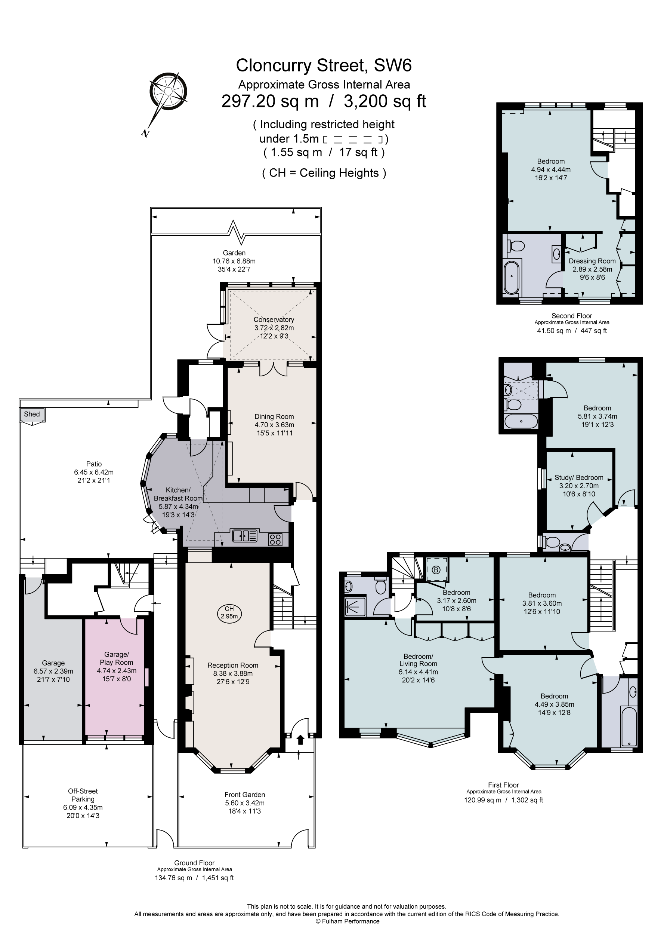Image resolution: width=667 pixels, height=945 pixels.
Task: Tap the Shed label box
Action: click(x=32, y=415)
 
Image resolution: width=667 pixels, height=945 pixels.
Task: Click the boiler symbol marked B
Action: click(x=436, y=571)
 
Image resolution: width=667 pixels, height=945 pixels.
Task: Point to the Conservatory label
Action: click(x=274, y=320)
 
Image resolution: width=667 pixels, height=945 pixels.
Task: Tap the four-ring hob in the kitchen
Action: click(x=275, y=539)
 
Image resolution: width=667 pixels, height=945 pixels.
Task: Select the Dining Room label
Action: click(x=274, y=416)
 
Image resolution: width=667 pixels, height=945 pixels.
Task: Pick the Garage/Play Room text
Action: click(x=116, y=658)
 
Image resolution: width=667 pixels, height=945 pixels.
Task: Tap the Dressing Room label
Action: click(x=592, y=261)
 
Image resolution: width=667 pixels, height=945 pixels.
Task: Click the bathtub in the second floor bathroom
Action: click(x=511, y=276)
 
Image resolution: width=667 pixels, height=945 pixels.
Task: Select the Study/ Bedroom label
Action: click(x=578, y=477)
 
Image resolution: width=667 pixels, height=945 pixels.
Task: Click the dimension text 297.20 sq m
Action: click(x=270, y=101)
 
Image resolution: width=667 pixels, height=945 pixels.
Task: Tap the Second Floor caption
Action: click(x=572, y=316)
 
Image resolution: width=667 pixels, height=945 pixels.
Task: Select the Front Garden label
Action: click(x=244, y=795)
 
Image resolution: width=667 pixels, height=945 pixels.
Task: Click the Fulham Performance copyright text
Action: click(x=347, y=921)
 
